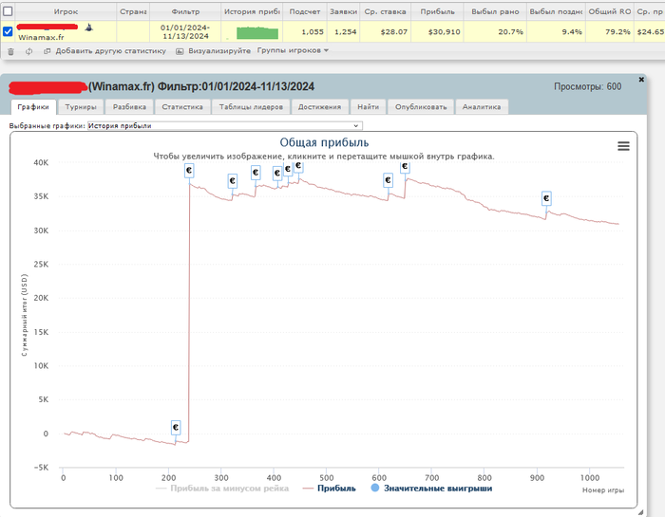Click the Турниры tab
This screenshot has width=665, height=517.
coord(81,107)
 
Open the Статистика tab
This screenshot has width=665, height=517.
coord(181,107)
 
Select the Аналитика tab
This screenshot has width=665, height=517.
coord(482,107)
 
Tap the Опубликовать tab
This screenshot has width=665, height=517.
coord(421,107)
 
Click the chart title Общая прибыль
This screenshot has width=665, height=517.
coord(323,143)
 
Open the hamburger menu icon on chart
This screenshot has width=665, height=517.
coord(623,145)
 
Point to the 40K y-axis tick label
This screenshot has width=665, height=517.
coord(40,163)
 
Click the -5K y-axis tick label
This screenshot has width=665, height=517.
coord(39,468)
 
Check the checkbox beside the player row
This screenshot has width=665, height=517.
coord(9,31)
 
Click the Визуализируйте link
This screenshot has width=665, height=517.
coord(218,50)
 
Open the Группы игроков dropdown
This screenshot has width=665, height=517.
coord(293,50)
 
